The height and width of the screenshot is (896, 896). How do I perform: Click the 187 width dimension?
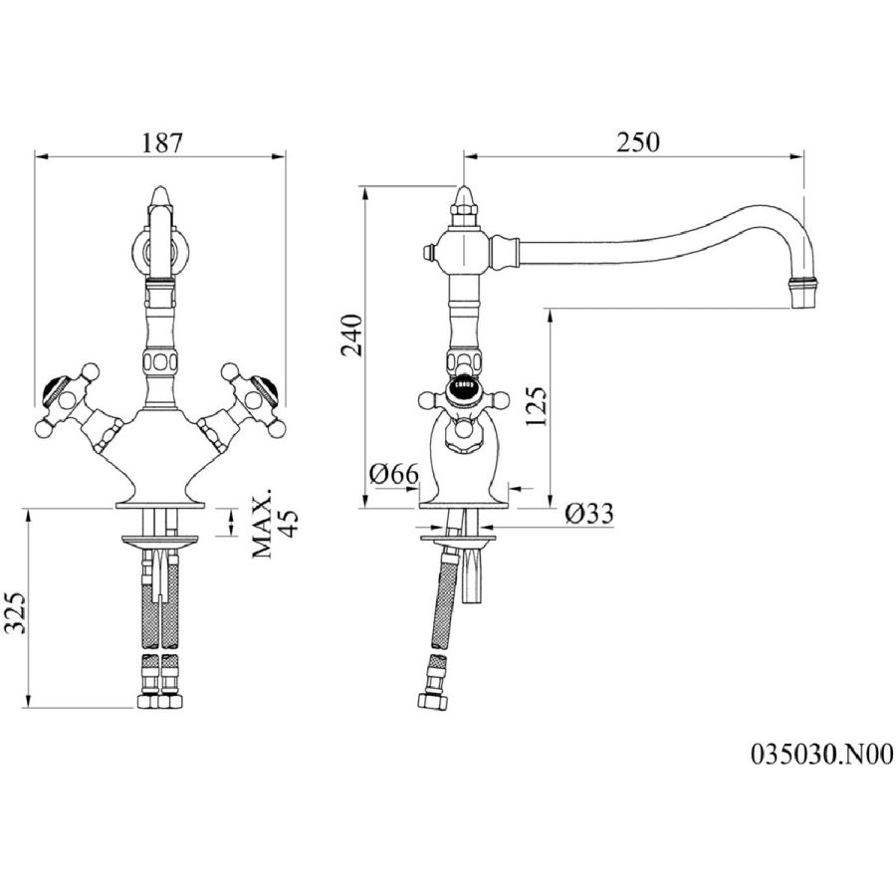(x=161, y=142)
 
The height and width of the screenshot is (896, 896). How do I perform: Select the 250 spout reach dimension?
(x=638, y=142)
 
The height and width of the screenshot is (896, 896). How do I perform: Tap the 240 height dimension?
(x=352, y=336)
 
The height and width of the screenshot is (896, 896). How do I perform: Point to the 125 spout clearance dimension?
(x=536, y=406)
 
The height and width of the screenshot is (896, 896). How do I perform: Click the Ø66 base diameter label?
(x=393, y=474)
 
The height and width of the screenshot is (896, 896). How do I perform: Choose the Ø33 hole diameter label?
(x=589, y=513)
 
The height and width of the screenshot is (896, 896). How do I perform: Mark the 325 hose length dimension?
(x=17, y=612)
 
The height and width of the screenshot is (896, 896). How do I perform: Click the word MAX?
(x=263, y=524)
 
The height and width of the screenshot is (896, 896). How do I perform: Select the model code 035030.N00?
(x=821, y=755)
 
